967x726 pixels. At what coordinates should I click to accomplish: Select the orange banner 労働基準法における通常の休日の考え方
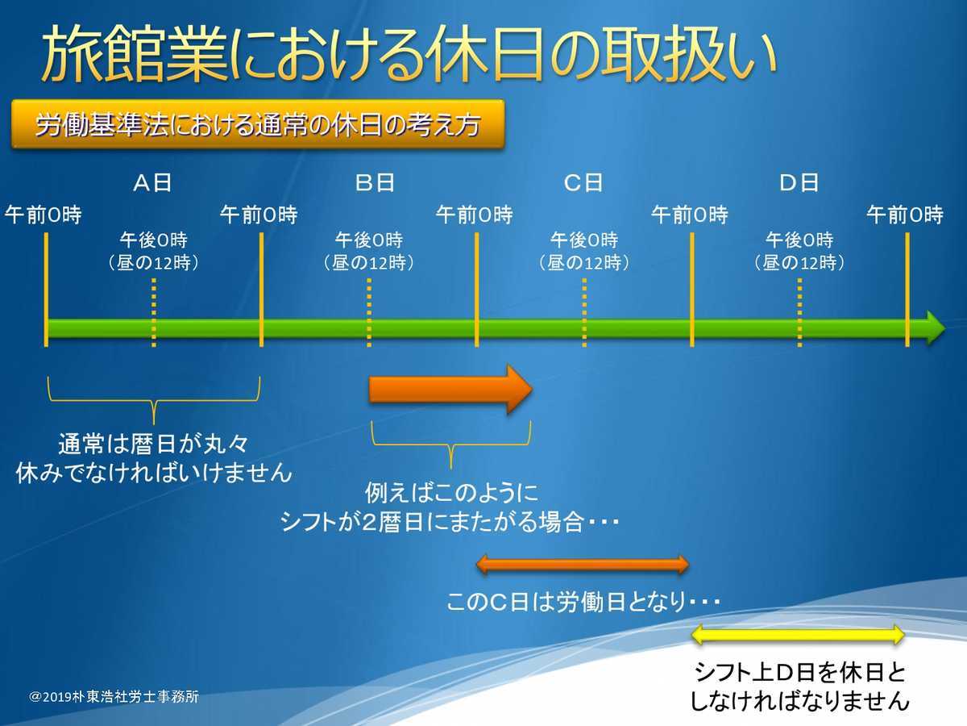[x=258, y=125]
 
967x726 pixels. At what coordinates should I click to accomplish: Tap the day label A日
[x=152, y=183]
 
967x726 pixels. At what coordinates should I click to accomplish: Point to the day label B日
[x=375, y=183]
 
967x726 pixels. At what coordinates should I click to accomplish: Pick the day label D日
[x=799, y=183]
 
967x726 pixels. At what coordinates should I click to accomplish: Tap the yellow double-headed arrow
[x=799, y=635]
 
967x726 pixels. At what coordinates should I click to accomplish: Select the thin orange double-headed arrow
[x=583, y=564]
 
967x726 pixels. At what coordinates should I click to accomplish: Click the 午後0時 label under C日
[x=583, y=240]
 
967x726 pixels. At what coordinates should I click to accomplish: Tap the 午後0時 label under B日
[x=368, y=240]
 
